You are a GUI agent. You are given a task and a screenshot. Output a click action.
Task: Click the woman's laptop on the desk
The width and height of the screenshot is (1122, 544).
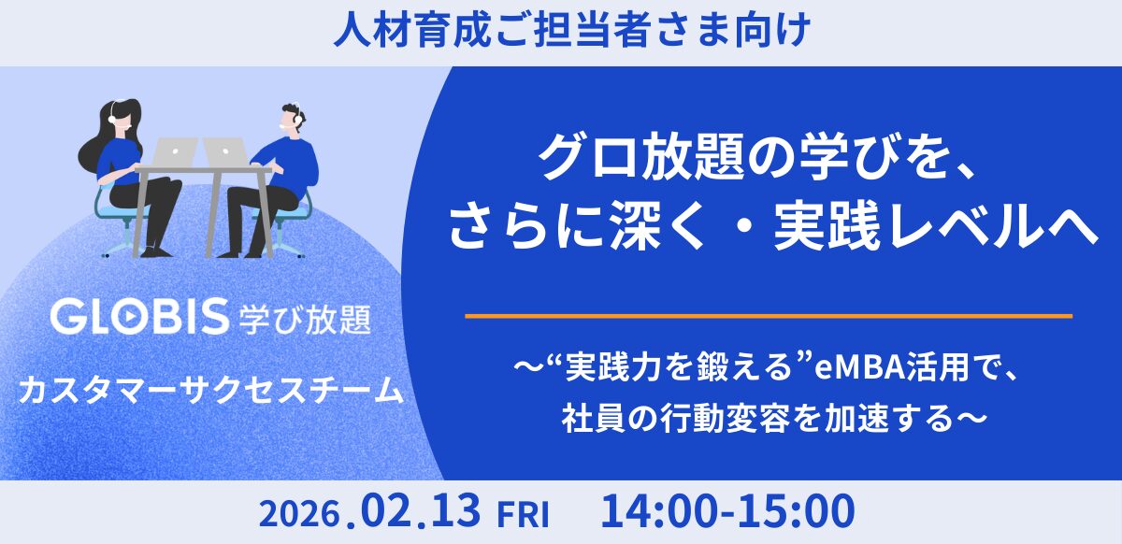point(174,151)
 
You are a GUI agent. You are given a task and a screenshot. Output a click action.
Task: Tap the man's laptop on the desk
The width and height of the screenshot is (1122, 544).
point(224,151)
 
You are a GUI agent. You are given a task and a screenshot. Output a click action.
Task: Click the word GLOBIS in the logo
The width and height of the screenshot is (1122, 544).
point(140,318)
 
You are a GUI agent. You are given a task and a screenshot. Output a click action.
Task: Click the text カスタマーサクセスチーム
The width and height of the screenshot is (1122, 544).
point(212,387)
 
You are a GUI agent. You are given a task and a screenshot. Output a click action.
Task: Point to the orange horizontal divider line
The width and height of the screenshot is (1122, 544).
point(768,316)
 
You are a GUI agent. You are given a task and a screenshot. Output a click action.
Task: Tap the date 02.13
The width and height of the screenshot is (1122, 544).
point(418,511)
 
